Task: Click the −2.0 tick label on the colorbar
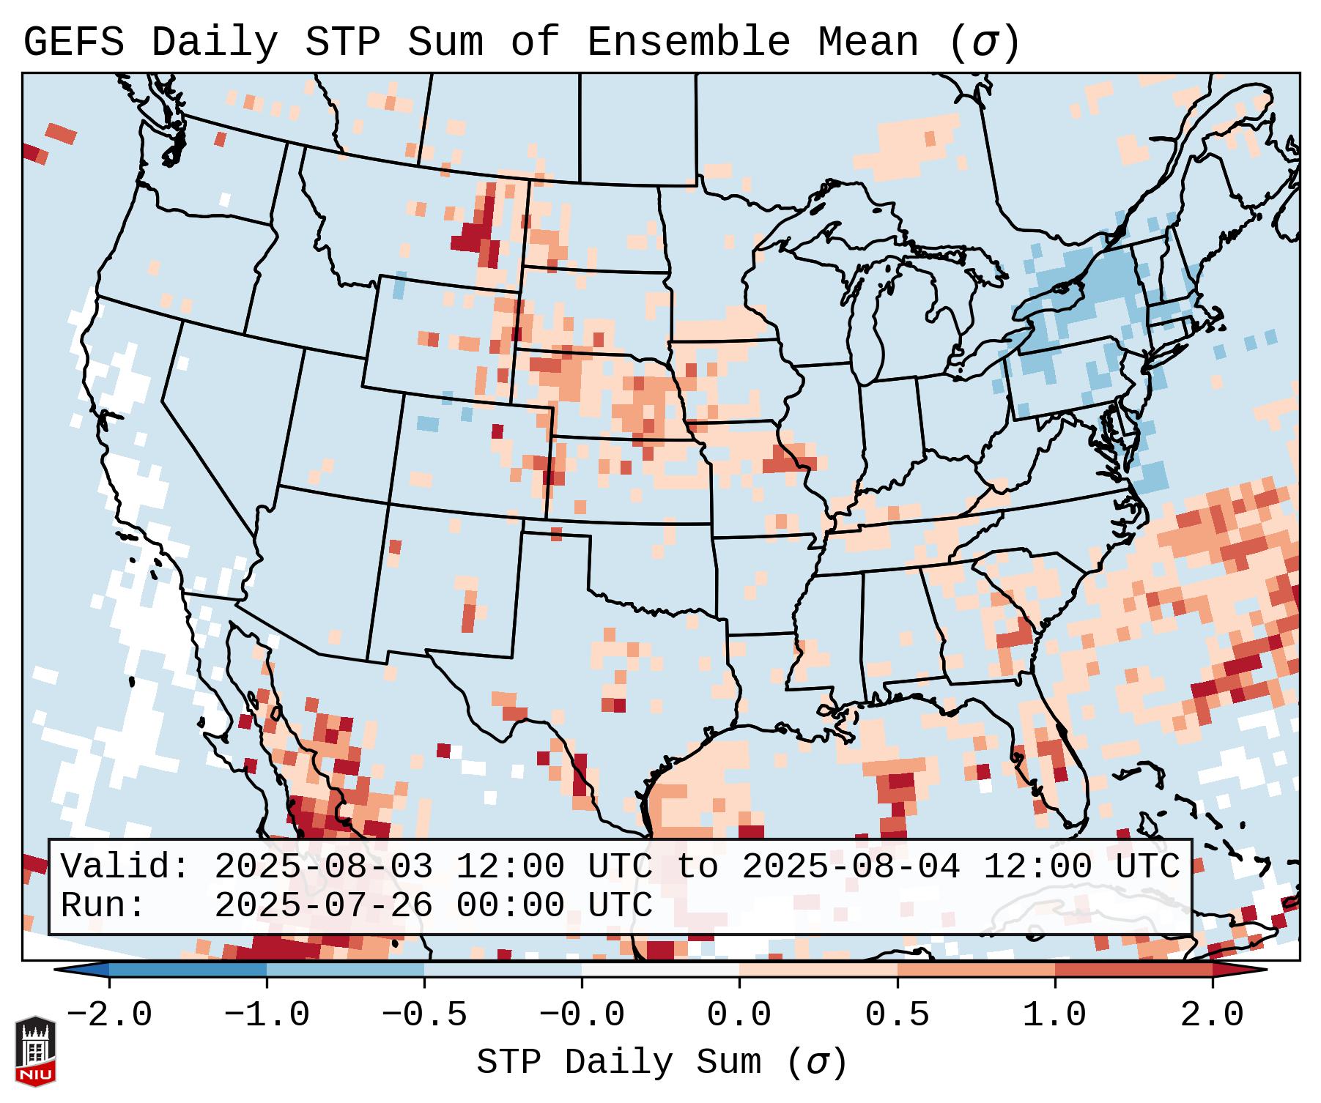tap(109, 1015)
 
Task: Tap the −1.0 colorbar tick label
tap(267, 1015)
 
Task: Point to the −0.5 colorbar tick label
tap(424, 1015)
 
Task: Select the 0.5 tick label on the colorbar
tap(897, 1015)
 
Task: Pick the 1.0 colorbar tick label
tap(1054, 1015)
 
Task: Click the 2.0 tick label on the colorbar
tap(1212, 1015)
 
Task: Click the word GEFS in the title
tap(73, 42)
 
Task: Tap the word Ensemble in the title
tap(688, 42)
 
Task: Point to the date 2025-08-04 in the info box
tap(851, 866)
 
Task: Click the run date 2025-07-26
tap(323, 905)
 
